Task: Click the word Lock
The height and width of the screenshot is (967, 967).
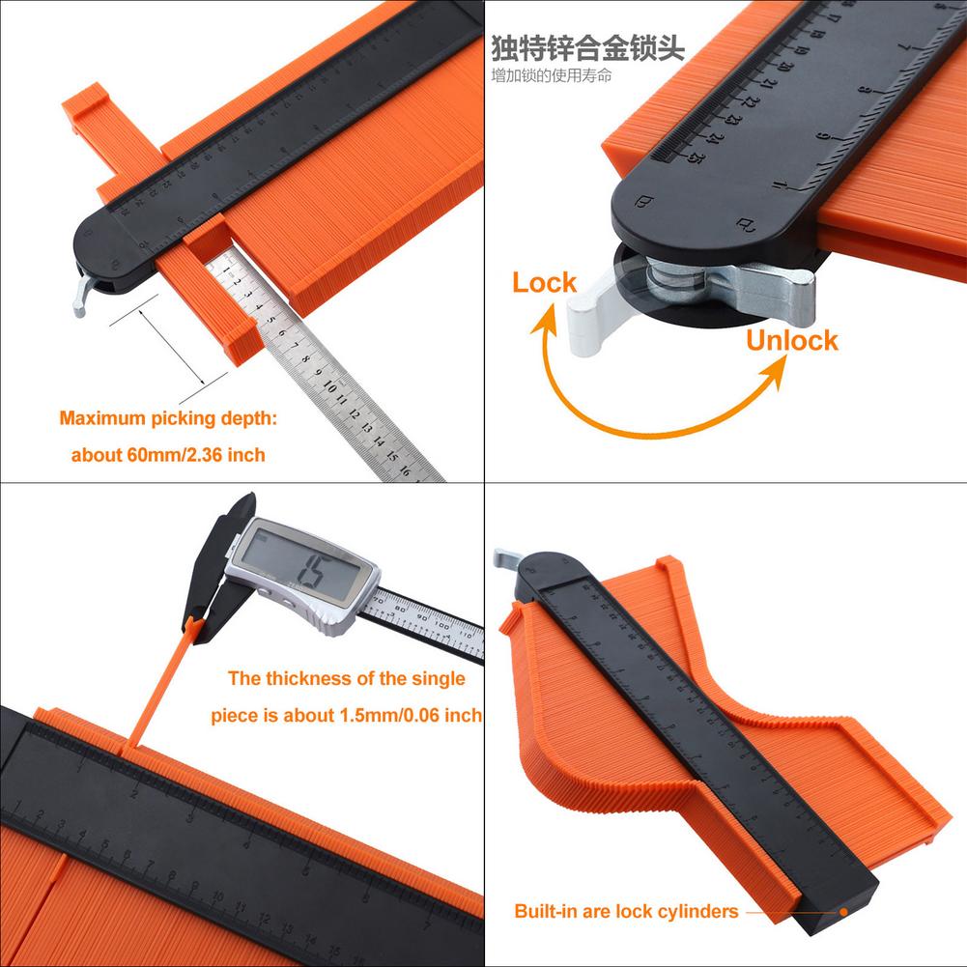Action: (x=544, y=283)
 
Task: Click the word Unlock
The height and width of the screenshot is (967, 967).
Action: (x=791, y=340)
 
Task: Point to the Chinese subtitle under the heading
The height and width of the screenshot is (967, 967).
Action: (x=551, y=75)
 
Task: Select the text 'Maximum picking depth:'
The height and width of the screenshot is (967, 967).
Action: (x=167, y=418)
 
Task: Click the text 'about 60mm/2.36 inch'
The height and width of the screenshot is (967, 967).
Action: (x=167, y=454)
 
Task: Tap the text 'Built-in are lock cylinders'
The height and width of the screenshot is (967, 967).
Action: (x=626, y=911)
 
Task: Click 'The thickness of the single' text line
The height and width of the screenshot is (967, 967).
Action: (x=346, y=678)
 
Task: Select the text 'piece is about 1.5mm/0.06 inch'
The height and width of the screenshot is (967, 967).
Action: (x=346, y=716)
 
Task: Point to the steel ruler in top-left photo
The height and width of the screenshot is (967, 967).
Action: (x=328, y=367)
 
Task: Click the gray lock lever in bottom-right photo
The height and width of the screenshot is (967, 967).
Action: (x=506, y=560)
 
